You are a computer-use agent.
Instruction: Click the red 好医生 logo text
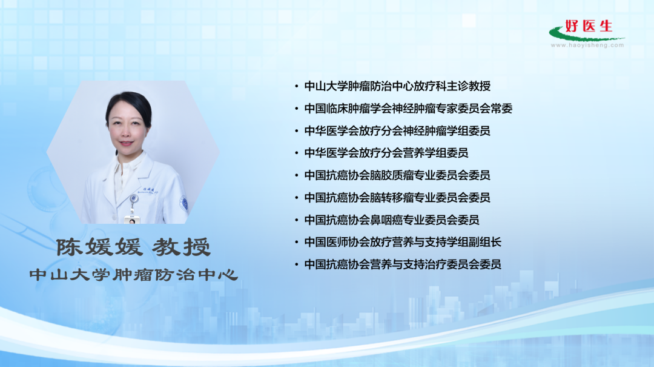[x=589, y=26]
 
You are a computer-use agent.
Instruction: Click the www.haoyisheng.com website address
[x=587, y=45]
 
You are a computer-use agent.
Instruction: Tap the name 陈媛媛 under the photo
[x=99, y=247]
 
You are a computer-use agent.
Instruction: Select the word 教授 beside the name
[x=181, y=247]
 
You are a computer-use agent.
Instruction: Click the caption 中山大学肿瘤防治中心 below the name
[x=134, y=275]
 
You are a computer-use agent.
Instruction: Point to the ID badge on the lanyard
[x=132, y=219]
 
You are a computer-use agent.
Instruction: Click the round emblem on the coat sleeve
[x=183, y=203]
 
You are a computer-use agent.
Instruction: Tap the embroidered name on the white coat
[x=148, y=190]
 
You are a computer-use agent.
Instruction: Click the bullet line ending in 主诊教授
[x=397, y=86]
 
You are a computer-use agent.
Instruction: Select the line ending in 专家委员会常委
[x=408, y=109]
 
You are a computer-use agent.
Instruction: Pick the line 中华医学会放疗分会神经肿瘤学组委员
[x=397, y=131]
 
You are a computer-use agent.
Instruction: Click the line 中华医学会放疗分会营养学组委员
[x=386, y=153]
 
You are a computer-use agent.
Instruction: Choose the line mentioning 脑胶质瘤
[x=397, y=175]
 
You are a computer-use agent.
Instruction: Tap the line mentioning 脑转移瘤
[x=397, y=197]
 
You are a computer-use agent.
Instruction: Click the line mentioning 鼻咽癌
[x=392, y=220]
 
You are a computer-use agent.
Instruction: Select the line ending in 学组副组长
[x=403, y=242]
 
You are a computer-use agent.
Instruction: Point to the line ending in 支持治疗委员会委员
[x=403, y=264]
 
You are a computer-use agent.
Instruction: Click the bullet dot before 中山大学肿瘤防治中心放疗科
[x=297, y=87]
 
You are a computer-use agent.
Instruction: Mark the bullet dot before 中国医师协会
[x=297, y=243]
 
